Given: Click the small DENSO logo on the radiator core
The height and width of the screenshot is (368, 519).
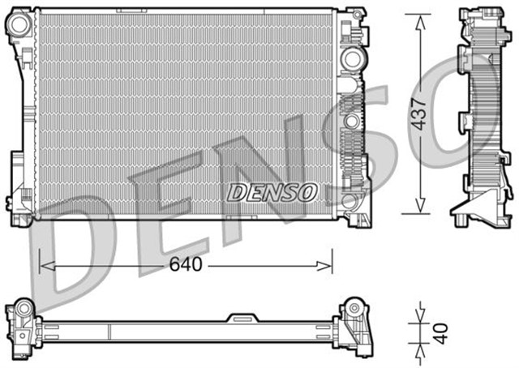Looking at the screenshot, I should point(272,192).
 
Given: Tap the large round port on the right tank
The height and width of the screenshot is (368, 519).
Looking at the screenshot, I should point(351,59).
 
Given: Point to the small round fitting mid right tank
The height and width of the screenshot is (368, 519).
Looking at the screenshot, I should point(351,121).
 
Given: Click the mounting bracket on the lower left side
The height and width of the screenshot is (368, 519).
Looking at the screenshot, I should point(17,174).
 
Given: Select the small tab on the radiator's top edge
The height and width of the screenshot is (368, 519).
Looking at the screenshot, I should point(129,11).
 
